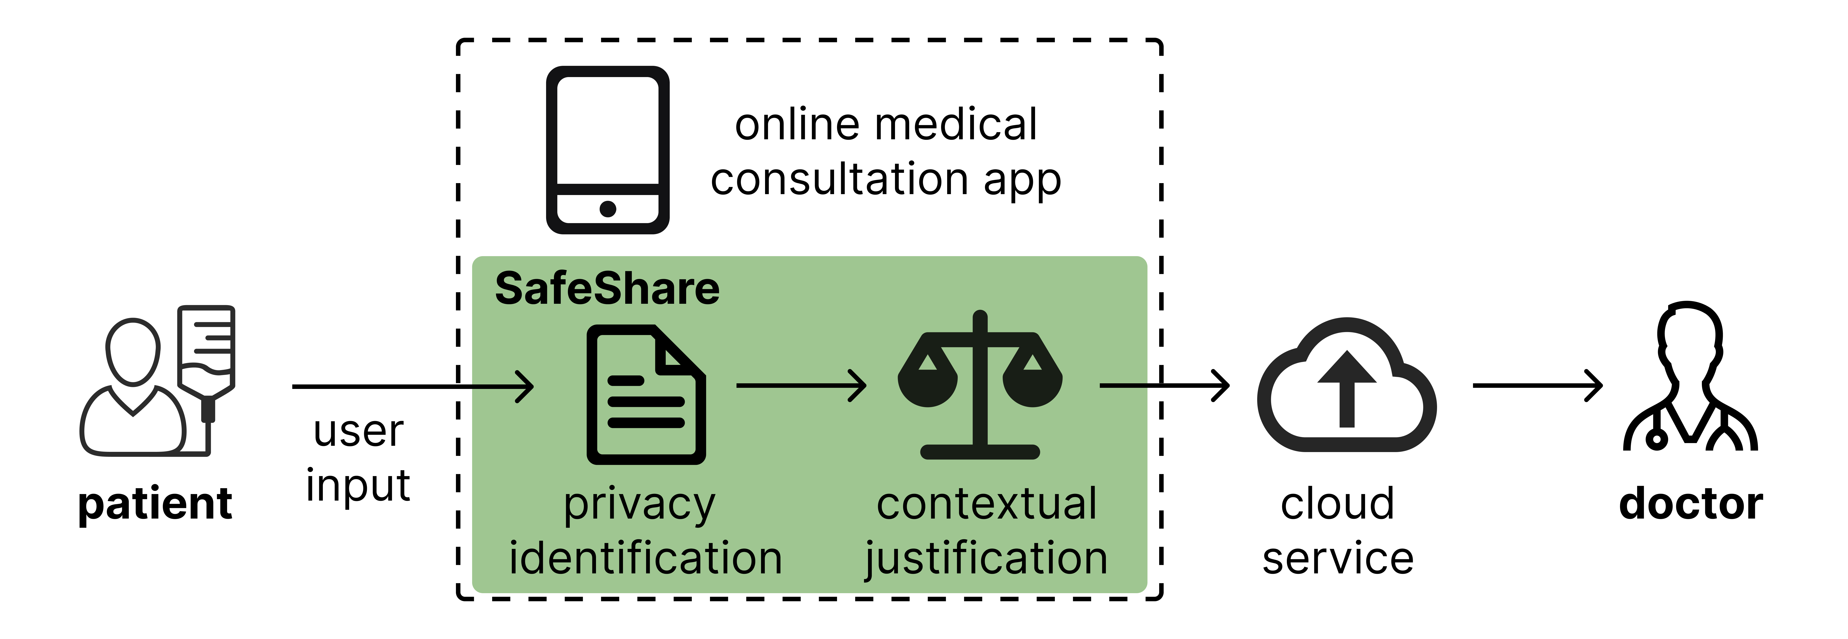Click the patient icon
click(133, 387)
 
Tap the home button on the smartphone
click(608, 209)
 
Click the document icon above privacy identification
click(646, 395)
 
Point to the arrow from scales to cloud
click(1164, 386)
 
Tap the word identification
click(646, 558)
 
